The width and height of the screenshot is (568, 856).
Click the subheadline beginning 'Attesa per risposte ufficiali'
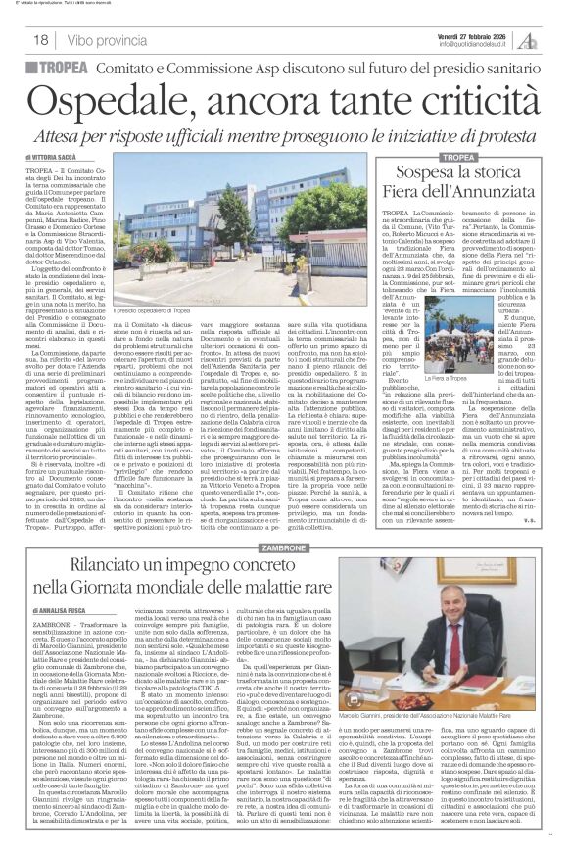point(284,129)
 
